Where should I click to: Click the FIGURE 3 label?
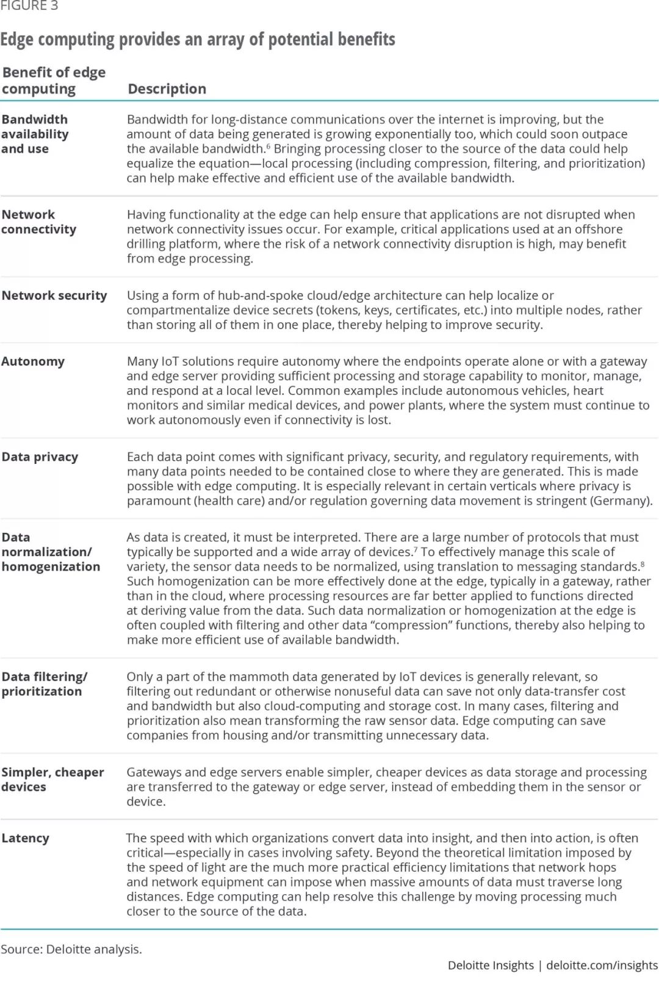point(29,6)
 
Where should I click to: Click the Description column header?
point(167,89)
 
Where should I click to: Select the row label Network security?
point(54,295)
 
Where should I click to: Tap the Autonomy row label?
point(33,361)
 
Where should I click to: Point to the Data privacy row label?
point(40,457)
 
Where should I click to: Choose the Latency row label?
point(25,838)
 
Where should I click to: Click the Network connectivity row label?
point(38,222)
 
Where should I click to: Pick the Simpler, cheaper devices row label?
point(52,779)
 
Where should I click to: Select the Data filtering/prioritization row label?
point(44,684)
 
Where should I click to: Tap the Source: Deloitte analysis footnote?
point(71,949)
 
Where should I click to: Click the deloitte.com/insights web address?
point(602,965)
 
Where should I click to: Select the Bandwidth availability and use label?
point(35,134)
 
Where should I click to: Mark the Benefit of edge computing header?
point(54,81)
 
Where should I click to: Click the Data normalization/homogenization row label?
point(51,552)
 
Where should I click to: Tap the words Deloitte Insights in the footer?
point(491,965)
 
